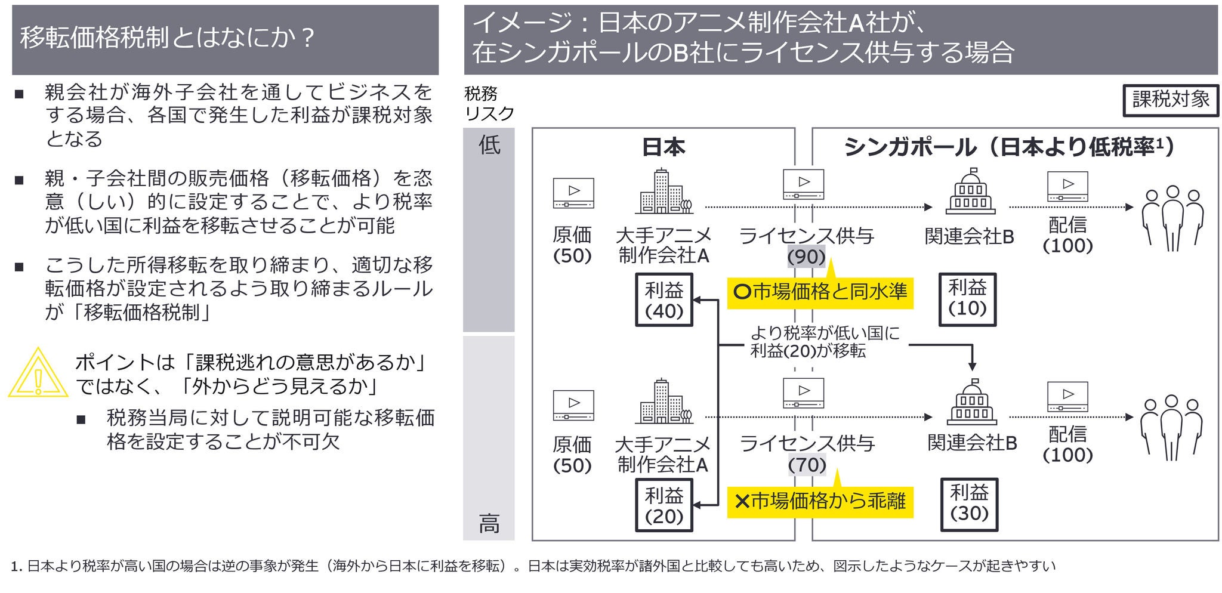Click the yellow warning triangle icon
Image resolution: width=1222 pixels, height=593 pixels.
click(x=38, y=373)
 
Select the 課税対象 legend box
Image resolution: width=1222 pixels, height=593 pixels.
click(x=1170, y=100)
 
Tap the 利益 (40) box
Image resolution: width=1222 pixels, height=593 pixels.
click(x=664, y=300)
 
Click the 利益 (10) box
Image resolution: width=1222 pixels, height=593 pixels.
click(x=967, y=299)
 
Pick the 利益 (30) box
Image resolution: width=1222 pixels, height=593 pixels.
click(x=969, y=504)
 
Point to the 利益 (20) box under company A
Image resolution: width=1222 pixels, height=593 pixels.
click(x=664, y=506)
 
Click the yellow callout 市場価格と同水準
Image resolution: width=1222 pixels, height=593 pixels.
click(x=820, y=292)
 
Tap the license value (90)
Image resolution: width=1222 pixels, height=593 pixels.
click(x=806, y=257)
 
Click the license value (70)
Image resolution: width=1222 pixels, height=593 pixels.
click(x=807, y=465)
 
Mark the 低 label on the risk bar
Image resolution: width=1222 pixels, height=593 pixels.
click(x=489, y=145)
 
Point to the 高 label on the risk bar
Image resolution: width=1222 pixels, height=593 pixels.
click(x=489, y=524)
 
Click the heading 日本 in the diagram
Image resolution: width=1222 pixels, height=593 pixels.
click(x=664, y=147)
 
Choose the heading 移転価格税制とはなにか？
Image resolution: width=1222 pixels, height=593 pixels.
click(x=167, y=38)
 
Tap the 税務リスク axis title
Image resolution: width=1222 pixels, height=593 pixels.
click(x=488, y=103)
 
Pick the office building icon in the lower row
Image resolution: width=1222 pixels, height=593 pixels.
click(x=664, y=401)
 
